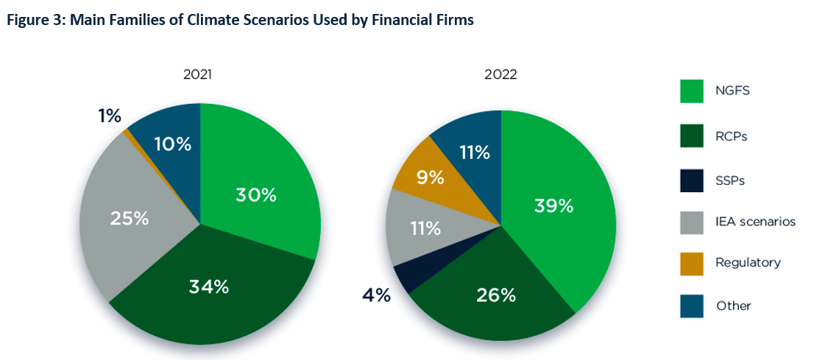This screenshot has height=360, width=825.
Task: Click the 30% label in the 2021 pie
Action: [x=255, y=195]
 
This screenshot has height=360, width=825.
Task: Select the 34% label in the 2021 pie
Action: [x=208, y=286]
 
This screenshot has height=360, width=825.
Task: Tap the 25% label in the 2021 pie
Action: [x=130, y=218]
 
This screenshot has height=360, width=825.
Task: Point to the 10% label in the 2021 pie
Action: [x=172, y=144]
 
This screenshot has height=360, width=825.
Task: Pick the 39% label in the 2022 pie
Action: [x=553, y=205]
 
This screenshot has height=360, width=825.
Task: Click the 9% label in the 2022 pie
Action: [x=430, y=177]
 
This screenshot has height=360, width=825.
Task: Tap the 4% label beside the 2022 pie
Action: [x=376, y=296]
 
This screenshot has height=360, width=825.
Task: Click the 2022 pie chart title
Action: [x=500, y=74]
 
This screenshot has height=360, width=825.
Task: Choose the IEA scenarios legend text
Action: [x=755, y=220]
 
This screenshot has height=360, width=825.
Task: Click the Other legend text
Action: [x=733, y=306]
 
